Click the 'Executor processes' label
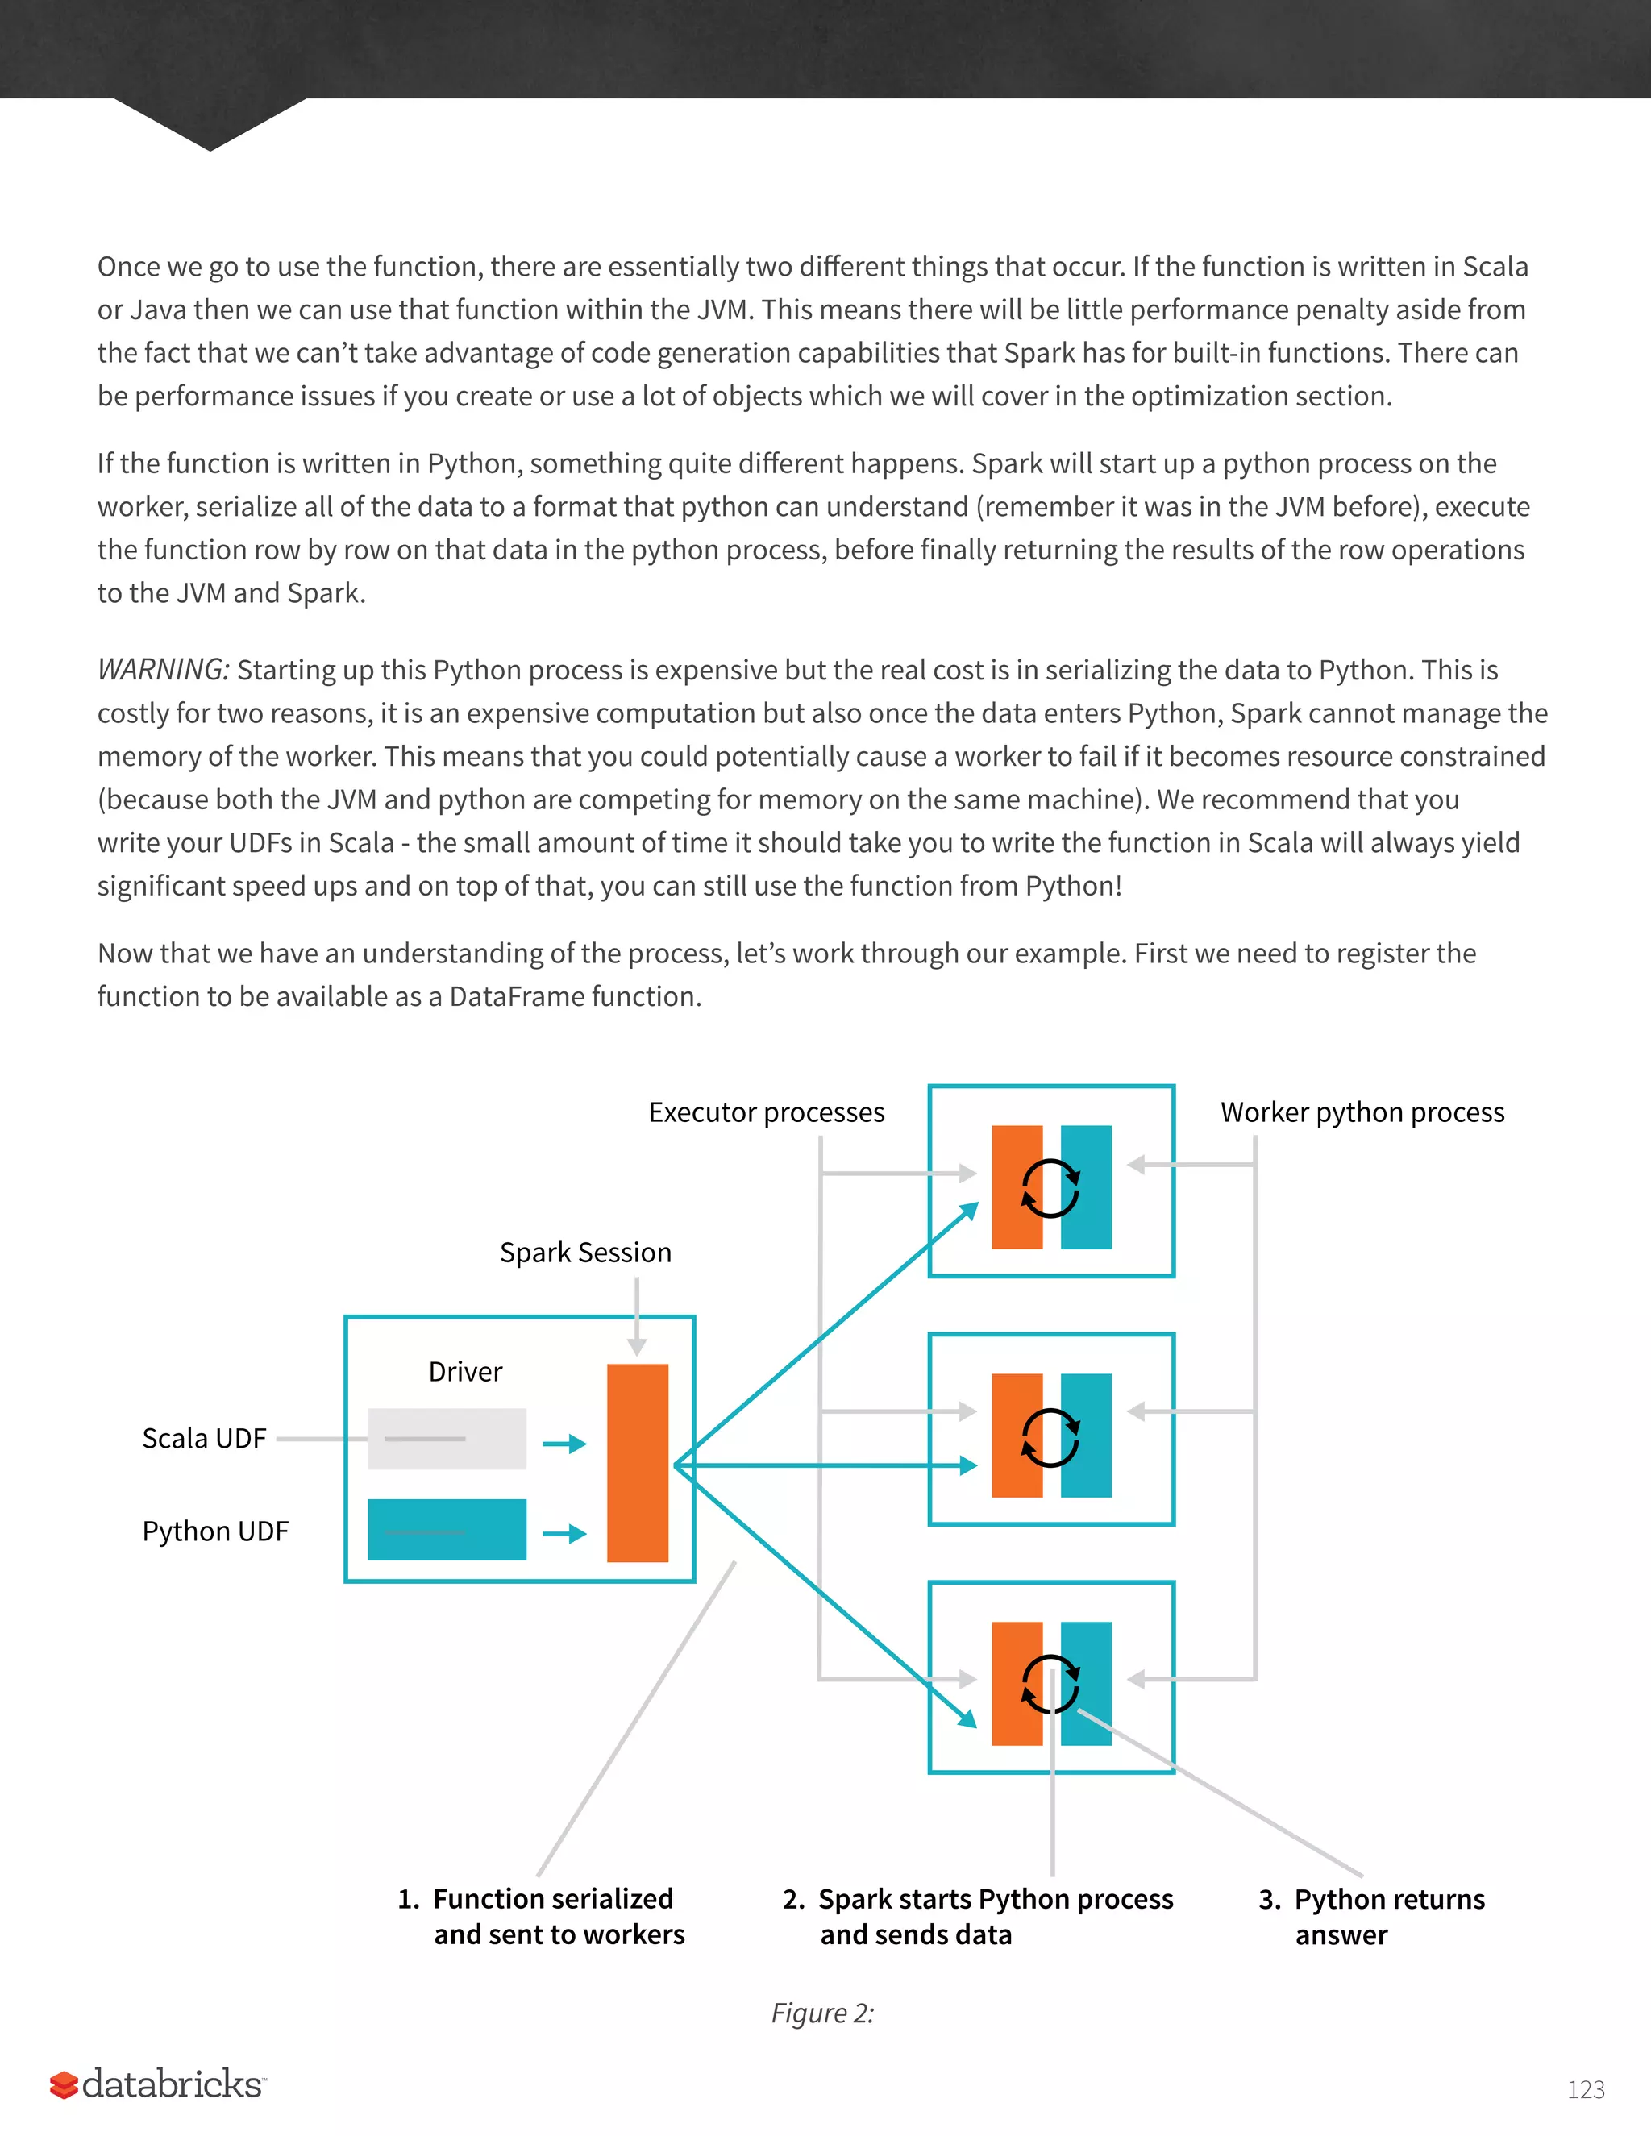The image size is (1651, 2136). pos(766,1112)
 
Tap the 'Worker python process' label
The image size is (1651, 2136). pos(1362,1112)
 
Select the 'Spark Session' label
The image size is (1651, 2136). pos(585,1252)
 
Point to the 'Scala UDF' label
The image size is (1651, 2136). pos(203,1438)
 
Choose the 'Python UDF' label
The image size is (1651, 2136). pos(215,1531)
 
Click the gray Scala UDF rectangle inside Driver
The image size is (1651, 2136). pos(446,1439)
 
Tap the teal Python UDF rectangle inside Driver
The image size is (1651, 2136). pos(446,1530)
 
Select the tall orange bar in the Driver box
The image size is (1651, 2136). pos(637,1462)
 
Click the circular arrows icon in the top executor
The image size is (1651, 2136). pos(1050,1187)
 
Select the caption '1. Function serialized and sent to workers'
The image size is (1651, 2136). pos(541,1916)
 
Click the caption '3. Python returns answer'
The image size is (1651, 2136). pos(1371,1916)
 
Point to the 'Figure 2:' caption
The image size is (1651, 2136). pos(821,2013)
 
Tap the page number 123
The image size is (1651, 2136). pos(1586,2090)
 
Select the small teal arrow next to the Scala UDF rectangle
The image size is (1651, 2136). pos(564,1444)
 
